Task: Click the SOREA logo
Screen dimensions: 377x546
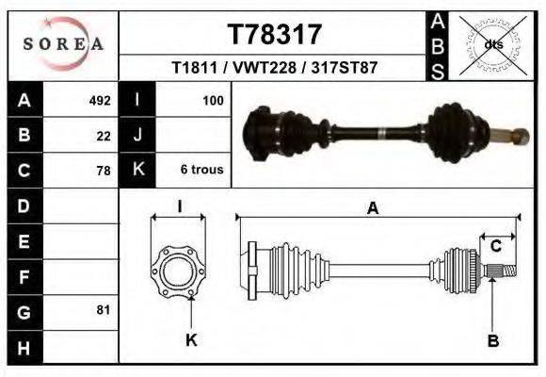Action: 63,44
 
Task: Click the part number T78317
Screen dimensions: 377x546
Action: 275,34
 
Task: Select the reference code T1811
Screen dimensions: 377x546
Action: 192,69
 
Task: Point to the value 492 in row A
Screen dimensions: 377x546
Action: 100,100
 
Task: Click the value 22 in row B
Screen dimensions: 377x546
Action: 104,136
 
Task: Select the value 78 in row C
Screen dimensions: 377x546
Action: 104,171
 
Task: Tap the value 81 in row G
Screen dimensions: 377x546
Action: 104,310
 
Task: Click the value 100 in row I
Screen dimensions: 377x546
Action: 212,100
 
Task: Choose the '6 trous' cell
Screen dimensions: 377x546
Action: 202,171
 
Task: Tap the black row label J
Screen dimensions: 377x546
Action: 137,136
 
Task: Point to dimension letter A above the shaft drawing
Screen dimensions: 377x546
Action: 373,209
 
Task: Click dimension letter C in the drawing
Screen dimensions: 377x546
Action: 496,247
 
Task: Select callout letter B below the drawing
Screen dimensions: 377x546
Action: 492,340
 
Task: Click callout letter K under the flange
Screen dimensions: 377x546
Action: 190,340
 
